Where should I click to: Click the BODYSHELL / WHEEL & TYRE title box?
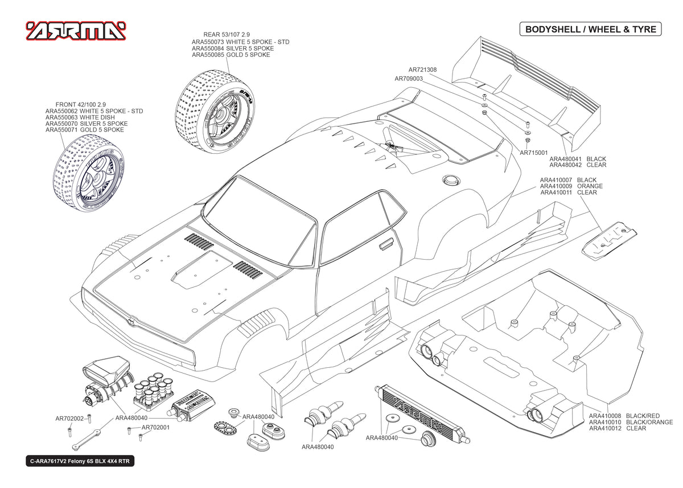tap(591, 29)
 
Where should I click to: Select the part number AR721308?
tap(422, 69)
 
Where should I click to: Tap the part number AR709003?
tap(409, 79)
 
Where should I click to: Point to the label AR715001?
tap(534, 153)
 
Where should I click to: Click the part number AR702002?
tap(69, 419)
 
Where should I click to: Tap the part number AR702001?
tap(156, 427)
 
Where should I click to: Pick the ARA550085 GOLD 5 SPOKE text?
tap(231, 55)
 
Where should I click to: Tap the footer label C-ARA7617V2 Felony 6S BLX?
tap(79, 462)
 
